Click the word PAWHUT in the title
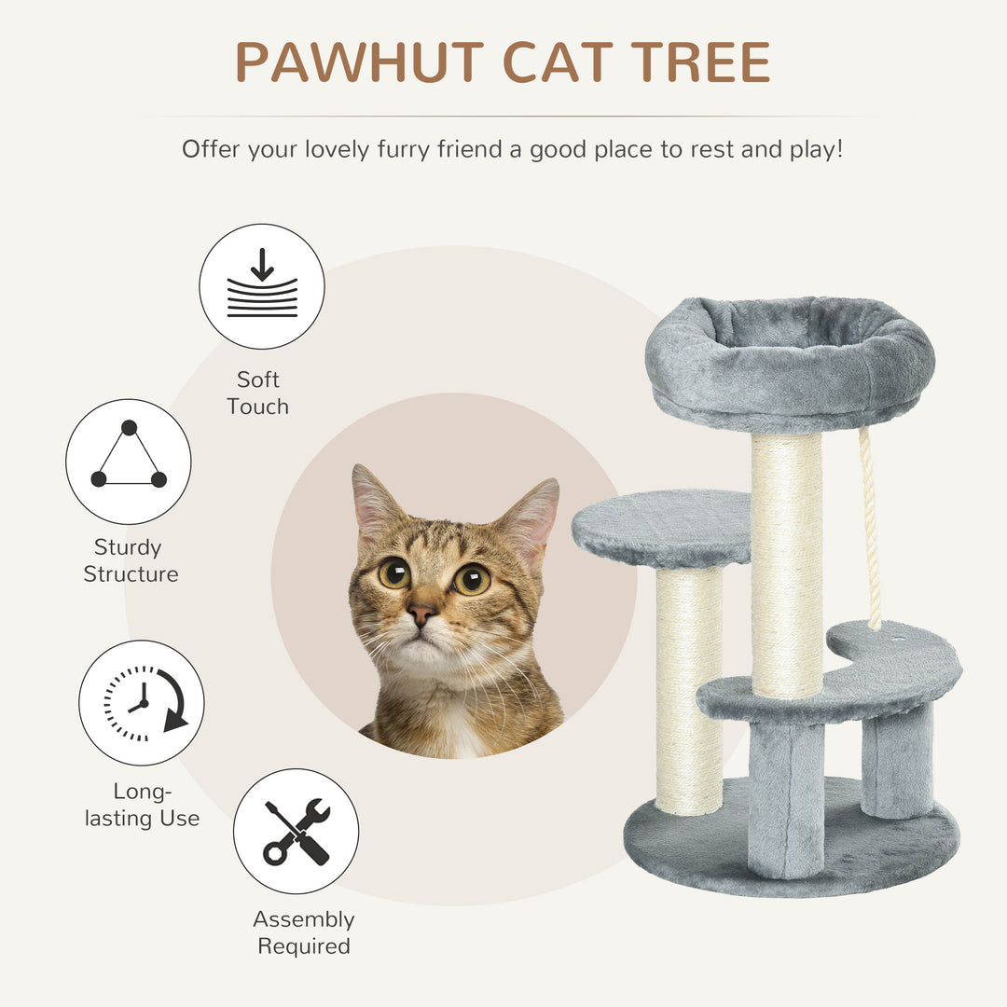click(358, 62)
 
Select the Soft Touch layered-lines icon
click(262, 286)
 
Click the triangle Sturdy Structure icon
click(129, 462)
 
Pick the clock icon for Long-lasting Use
click(141, 702)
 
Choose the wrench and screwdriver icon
click(296, 831)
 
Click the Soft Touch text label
click(258, 393)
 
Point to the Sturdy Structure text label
click(130, 560)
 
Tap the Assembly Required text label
click(304, 932)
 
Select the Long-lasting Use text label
click(142, 805)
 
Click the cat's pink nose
click(422, 613)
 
